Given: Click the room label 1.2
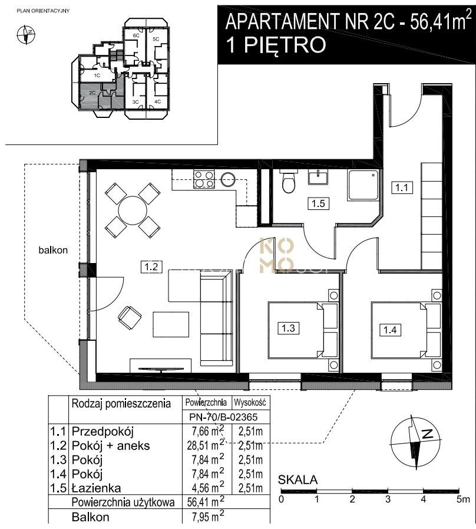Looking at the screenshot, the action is click(x=151, y=267).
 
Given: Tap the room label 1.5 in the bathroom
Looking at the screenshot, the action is click(x=318, y=203).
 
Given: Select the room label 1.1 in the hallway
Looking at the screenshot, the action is click(x=402, y=187).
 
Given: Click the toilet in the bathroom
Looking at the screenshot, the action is click(x=289, y=182).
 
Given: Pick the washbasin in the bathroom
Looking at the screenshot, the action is click(x=318, y=177).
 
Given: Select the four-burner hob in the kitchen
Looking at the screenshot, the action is click(x=204, y=179).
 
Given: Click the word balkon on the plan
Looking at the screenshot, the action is click(x=53, y=250).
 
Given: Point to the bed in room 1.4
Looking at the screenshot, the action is click(x=406, y=330).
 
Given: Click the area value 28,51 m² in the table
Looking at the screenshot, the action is click(x=205, y=445).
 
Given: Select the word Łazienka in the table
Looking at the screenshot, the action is click(x=96, y=488).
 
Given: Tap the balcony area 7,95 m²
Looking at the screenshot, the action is click(x=207, y=516).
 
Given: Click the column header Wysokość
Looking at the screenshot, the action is click(x=250, y=402).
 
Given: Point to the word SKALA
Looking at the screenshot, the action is click(x=297, y=479).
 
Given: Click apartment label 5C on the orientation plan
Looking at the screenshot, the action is click(x=156, y=39).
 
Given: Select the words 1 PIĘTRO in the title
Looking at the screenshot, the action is click(x=276, y=45).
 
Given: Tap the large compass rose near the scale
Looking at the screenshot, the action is click(x=416, y=441).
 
